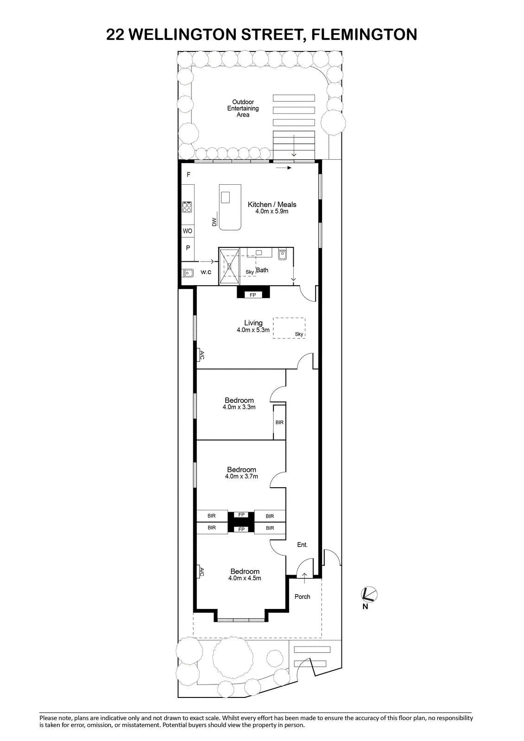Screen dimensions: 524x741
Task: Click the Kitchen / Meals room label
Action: coord(272,204)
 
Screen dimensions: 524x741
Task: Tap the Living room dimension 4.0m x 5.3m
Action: coord(253,330)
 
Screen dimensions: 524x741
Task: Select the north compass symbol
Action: coord(368,595)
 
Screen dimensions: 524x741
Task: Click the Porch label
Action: coord(302,597)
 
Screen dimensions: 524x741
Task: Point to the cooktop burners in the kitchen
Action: coord(187,207)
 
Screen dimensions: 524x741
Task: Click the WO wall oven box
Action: coord(187,231)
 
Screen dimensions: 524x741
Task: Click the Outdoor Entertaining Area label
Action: coord(243,108)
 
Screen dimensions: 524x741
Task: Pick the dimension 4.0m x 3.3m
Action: coord(239,407)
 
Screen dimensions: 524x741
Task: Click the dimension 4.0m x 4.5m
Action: coord(245,578)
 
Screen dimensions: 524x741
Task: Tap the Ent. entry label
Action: coord(302,545)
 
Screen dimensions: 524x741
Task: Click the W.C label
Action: coord(206,272)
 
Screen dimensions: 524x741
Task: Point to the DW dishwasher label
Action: coord(214,222)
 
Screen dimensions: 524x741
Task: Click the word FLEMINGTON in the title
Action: coord(364,34)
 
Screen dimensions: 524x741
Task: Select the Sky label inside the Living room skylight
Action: coord(299,334)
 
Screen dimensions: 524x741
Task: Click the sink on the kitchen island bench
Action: coord(226,197)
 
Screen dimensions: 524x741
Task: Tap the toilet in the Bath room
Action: coord(282,254)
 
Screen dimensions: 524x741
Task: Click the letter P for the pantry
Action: coord(188,247)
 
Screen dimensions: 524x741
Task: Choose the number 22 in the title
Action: coord(115,34)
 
